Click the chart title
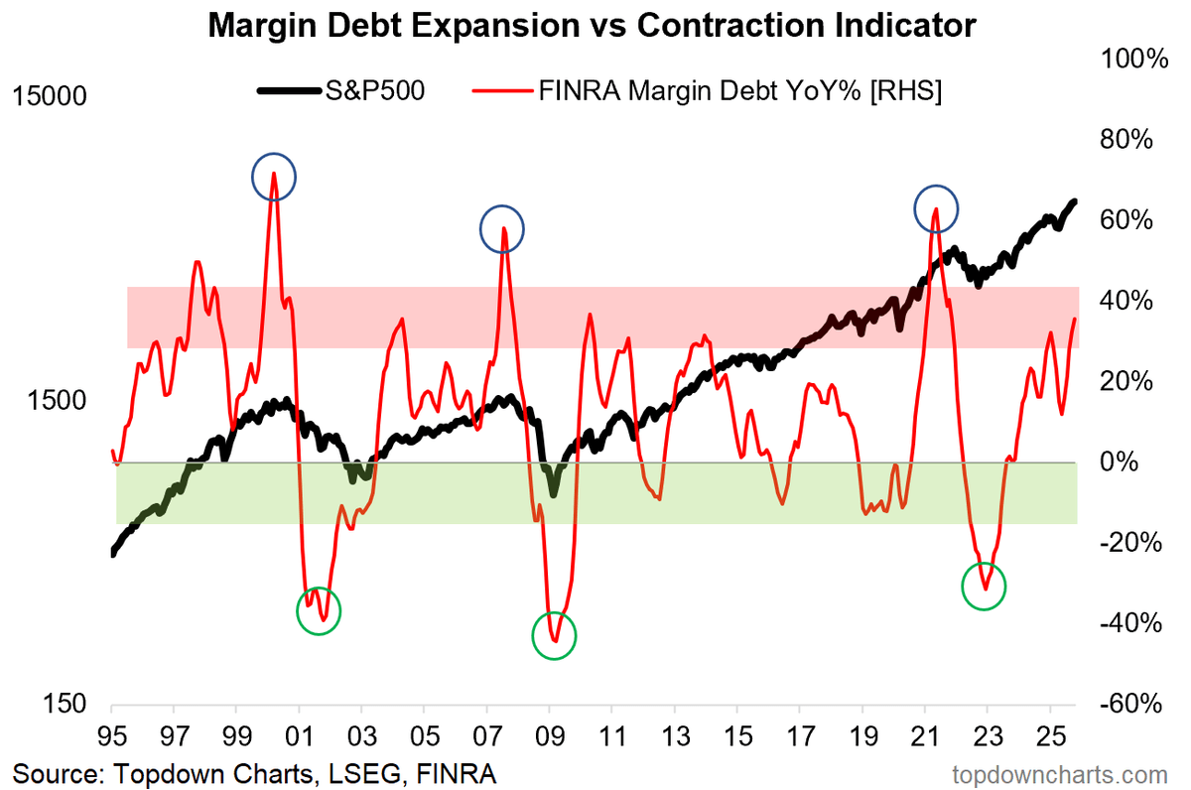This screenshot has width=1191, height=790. coord(593,25)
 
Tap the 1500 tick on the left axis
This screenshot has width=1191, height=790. coord(57,401)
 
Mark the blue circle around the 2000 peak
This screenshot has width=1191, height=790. coord(274,177)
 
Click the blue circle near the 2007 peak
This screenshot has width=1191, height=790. coord(502,229)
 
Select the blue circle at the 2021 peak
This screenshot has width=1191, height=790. coord(935,208)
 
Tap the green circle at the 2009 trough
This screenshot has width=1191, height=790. coord(554,635)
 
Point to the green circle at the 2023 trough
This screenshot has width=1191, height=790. coord(984,586)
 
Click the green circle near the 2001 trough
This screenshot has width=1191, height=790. coord(319,611)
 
